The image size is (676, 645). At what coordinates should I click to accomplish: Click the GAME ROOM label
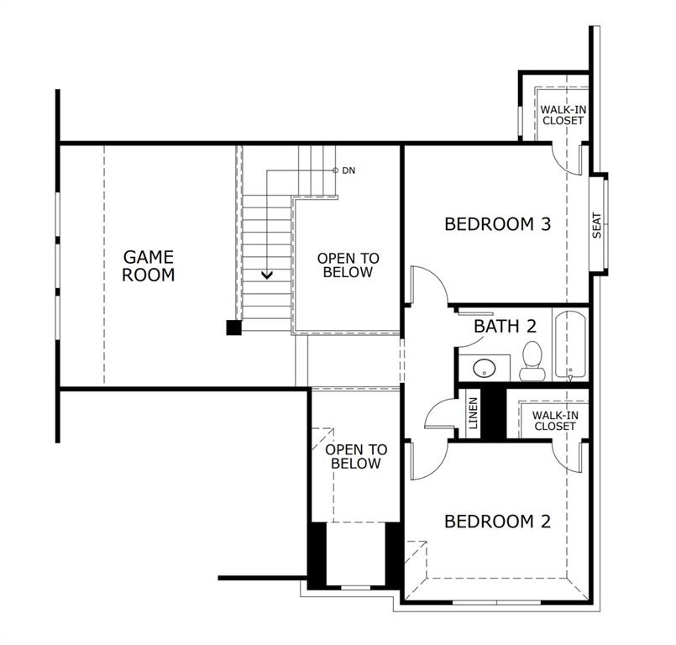pyautogui.click(x=149, y=265)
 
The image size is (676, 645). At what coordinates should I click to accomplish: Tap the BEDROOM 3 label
pyautogui.click(x=497, y=224)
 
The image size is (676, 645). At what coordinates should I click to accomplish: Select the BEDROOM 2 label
pyautogui.click(x=497, y=522)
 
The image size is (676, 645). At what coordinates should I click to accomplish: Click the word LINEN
pyautogui.click(x=474, y=413)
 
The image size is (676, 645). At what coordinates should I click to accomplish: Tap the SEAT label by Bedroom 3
pyautogui.click(x=597, y=224)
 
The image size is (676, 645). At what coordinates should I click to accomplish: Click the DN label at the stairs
pyautogui.click(x=348, y=170)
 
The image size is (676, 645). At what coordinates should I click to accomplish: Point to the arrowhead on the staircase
pyautogui.click(x=267, y=273)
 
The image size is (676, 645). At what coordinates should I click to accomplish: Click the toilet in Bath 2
pyautogui.click(x=531, y=358)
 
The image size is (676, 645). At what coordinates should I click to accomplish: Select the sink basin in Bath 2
pyautogui.click(x=484, y=368)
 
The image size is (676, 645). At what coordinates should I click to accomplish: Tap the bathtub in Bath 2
pyautogui.click(x=571, y=344)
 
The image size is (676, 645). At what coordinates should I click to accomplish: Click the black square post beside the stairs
pyautogui.click(x=234, y=328)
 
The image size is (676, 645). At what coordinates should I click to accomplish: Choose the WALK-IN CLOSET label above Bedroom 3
pyautogui.click(x=562, y=115)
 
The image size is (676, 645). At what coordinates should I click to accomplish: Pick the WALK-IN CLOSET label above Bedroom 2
pyautogui.click(x=555, y=420)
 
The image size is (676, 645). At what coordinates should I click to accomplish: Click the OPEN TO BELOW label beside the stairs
pyautogui.click(x=348, y=265)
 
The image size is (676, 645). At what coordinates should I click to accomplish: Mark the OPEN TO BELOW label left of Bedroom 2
pyautogui.click(x=356, y=457)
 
